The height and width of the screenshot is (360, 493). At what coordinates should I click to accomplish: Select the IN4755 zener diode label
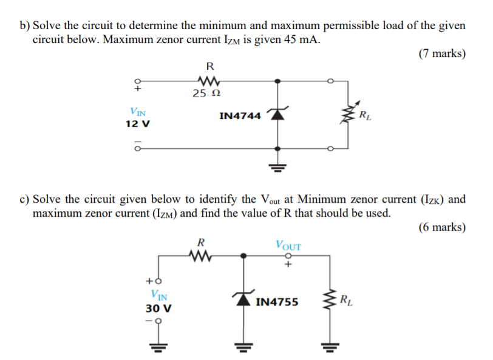(277, 301)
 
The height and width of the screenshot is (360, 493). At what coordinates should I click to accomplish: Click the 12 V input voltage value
(137, 124)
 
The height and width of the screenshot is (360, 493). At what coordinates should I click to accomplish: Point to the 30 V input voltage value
(158, 308)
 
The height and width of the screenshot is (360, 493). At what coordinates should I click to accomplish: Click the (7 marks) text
(442, 53)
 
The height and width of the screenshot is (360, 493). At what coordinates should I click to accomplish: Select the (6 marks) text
(442, 228)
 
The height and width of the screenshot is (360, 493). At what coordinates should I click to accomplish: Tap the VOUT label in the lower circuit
(288, 246)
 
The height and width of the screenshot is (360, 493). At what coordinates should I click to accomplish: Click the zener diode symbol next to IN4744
(277, 114)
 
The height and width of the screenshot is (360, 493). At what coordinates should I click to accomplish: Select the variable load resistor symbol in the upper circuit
(348, 114)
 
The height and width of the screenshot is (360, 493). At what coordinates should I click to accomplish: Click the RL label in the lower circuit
(344, 299)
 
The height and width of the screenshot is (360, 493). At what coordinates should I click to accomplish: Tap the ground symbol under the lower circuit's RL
(330, 348)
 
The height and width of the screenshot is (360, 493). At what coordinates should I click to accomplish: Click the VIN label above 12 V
(137, 112)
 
